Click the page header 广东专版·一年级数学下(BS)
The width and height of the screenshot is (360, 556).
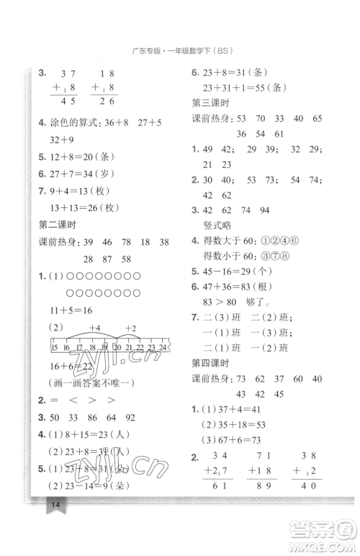click(x=180, y=50)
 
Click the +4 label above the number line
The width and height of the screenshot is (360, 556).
click(x=95, y=329)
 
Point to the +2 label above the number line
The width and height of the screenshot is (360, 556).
click(x=132, y=329)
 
